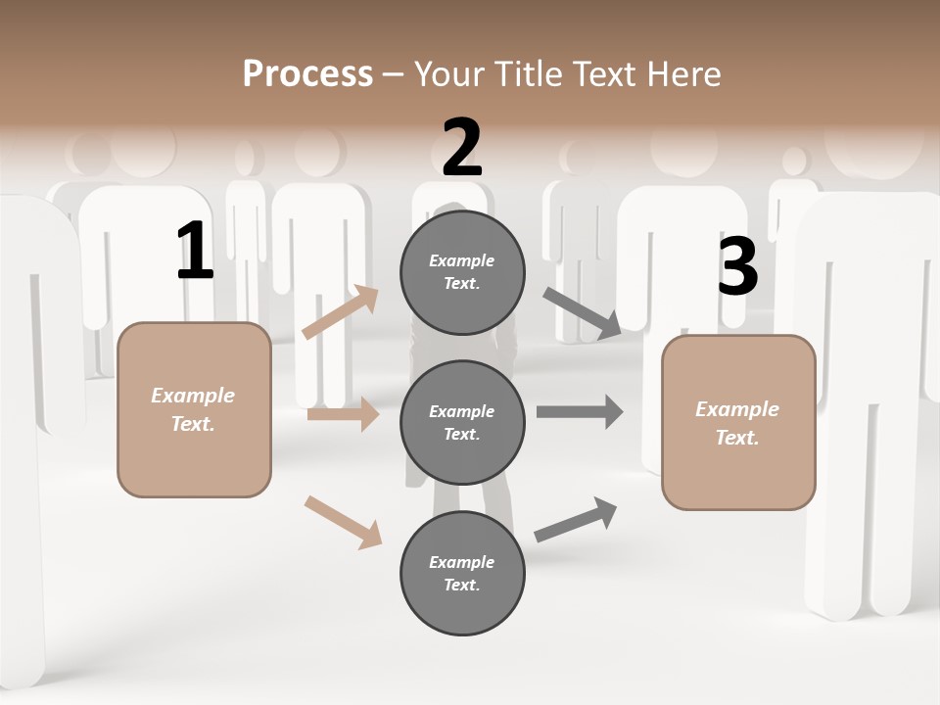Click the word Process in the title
pos(307,73)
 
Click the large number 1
pos(195,252)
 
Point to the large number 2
pos(462,148)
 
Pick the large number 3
pos(737,267)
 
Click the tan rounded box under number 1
pos(194,409)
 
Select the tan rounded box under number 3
pos(738,423)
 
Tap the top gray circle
pos(462,272)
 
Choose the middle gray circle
pos(462,423)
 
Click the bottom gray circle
pos(462,574)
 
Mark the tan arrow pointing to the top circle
pos(341,312)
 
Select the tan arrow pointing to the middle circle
pos(343,415)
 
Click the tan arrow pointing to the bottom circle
pos(343,522)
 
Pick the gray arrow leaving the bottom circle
pos(576,520)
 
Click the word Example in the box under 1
pos(193,396)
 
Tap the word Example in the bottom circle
pos(462,562)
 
